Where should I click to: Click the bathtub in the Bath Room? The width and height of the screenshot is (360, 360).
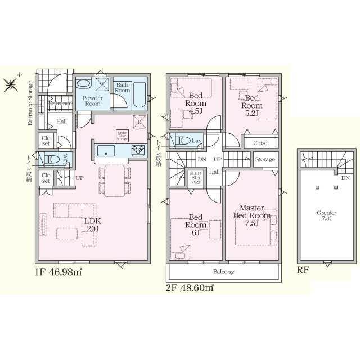point(139,96)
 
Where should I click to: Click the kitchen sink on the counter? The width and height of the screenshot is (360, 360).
point(106,150)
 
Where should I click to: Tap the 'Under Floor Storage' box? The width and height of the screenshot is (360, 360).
point(122,134)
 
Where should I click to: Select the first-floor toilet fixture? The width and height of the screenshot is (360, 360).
point(52,160)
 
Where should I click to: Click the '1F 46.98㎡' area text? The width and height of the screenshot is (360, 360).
point(58,272)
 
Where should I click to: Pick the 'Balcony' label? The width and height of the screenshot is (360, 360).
point(223,271)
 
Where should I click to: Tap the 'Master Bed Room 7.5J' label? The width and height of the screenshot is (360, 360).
point(252,216)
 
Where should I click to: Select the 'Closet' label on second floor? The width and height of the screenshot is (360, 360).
point(260,143)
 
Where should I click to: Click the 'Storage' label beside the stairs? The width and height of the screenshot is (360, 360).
point(265,160)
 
